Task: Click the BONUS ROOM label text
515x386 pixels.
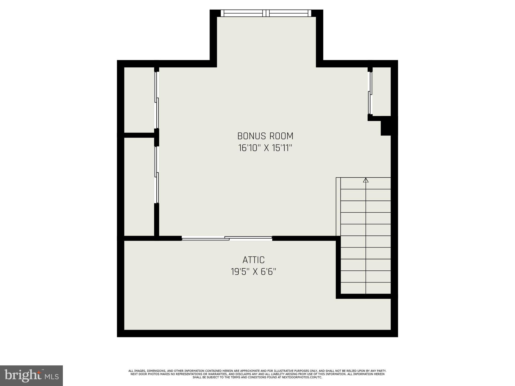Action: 265,136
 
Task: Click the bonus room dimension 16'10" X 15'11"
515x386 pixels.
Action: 265,148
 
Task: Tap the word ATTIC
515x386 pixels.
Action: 253,260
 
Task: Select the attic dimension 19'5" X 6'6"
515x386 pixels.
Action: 253,272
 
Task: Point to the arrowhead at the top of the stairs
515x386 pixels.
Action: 366,180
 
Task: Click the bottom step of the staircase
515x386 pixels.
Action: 366,288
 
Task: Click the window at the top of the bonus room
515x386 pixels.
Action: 266,13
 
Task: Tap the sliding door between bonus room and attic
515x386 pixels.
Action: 227,238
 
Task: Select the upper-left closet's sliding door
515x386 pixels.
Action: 157,100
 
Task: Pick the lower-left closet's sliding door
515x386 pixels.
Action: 157,175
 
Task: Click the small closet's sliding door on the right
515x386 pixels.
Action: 370,93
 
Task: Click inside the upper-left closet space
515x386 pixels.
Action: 139,100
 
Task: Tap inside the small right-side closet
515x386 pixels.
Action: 381,91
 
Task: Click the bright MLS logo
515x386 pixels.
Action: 31,376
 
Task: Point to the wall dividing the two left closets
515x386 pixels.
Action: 139,135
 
